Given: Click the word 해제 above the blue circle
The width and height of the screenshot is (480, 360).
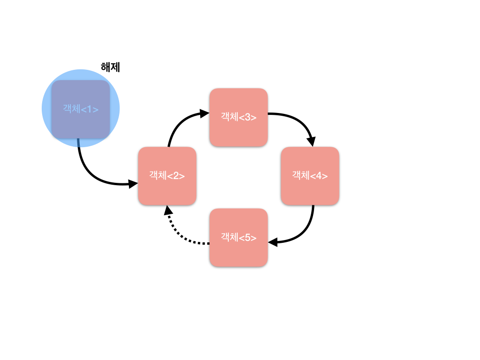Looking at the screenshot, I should pyautogui.click(x=111, y=67).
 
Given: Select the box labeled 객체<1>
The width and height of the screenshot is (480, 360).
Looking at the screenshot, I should pyautogui.click(x=81, y=109).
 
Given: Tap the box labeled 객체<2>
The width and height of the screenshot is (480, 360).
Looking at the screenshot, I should pyautogui.click(x=167, y=176).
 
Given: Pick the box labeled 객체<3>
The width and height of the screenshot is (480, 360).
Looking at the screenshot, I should pyautogui.click(x=239, y=117).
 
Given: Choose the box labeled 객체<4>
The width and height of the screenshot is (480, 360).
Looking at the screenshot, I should pyautogui.click(x=310, y=176).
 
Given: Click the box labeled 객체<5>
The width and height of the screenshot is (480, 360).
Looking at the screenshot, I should pyautogui.click(x=239, y=238).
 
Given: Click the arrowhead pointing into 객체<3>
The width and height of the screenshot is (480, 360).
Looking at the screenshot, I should pyautogui.click(x=204, y=113).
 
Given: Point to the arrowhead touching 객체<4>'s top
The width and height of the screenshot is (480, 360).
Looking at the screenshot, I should pyautogui.click(x=311, y=142).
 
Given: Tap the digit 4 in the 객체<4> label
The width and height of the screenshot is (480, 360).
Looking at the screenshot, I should pyautogui.click(x=319, y=176).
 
